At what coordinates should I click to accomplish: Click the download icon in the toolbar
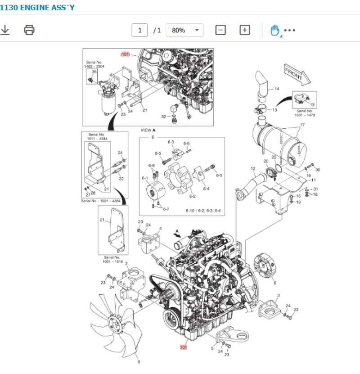pos(5,30)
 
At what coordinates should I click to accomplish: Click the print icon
pos(29,30)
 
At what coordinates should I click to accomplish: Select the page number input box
pos(139,30)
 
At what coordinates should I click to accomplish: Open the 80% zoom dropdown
pos(184,30)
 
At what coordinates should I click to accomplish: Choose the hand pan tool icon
pos(274,30)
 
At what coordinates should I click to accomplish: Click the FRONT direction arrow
pos(297,73)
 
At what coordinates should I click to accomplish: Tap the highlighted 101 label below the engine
pos(183,347)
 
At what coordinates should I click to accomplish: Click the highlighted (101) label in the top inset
pos(125,54)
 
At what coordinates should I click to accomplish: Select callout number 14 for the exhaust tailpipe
pos(277,89)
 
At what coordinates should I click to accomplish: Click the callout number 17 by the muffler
pos(302,125)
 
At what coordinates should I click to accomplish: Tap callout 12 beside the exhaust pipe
pos(253,169)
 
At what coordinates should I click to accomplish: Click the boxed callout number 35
pos(94,72)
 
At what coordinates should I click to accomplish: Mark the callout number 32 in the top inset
pos(163,117)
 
